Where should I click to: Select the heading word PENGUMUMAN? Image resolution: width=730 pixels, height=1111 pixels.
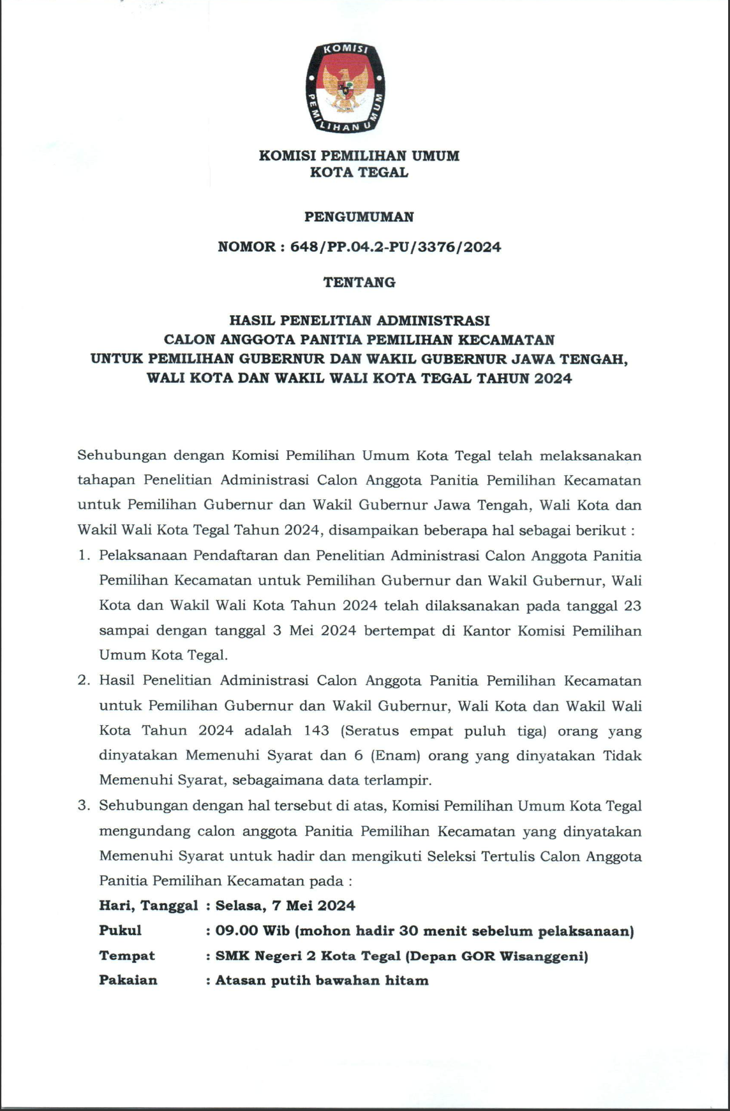(359, 217)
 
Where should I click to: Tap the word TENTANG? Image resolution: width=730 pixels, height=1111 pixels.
(359, 282)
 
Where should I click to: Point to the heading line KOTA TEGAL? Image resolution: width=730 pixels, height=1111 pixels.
(359, 172)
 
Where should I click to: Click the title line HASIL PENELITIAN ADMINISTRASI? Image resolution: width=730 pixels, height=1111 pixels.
(359, 320)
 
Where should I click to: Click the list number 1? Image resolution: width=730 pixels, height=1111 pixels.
(83, 555)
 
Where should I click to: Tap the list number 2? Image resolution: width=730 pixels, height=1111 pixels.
(83, 681)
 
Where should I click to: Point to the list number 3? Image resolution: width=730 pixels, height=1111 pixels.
(83, 806)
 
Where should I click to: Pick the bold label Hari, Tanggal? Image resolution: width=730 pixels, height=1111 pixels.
(148, 906)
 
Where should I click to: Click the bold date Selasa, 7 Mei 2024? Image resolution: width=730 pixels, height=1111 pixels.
(285, 906)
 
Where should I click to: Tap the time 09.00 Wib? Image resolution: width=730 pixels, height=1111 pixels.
(253, 931)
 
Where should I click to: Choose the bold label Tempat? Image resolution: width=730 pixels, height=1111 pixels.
(127, 955)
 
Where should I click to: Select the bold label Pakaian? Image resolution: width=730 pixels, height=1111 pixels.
(128, 980)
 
